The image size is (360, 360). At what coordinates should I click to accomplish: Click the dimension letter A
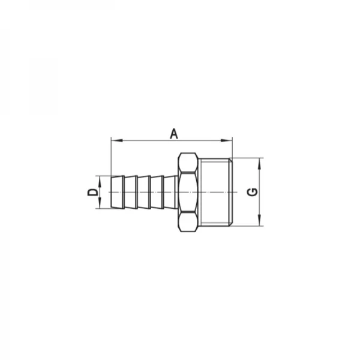[x=173, y=134]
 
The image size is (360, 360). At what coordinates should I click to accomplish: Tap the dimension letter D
[x=92, y=192]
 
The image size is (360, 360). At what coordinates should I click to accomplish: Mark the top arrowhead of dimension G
[x=260, y=162]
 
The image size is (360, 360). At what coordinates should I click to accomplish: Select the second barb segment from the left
[x=130, y=192]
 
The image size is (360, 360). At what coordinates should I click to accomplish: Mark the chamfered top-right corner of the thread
[x=230, y=160]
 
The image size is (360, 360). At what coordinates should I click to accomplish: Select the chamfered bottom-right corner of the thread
[x=230, y=224]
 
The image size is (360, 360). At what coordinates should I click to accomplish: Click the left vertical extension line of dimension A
[x=112, y=156]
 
